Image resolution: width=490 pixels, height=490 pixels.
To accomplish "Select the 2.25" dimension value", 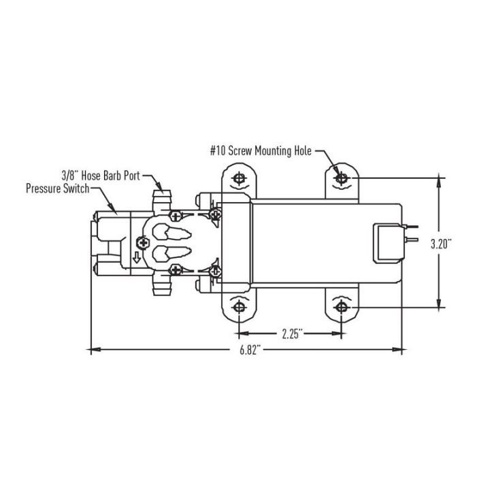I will (x=290, y=334).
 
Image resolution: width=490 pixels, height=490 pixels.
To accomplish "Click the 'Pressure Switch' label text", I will (x=57, y=188).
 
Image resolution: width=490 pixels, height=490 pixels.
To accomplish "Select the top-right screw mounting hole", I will (x=342, y=178).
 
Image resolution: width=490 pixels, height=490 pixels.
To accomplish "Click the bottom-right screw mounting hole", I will (x=342, y=308).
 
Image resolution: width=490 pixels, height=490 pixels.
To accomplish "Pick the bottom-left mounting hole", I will (x=239, y=308).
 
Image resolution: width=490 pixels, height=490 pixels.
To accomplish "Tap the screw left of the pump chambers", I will (x=143, y=242).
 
